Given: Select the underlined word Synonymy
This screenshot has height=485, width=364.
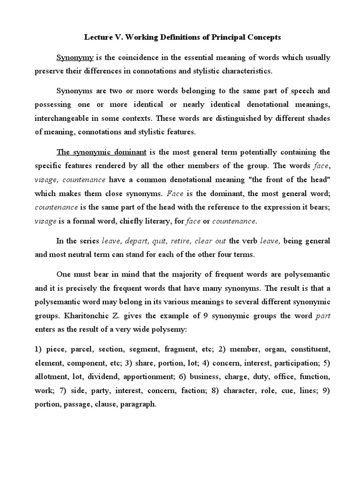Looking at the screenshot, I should (75, 58).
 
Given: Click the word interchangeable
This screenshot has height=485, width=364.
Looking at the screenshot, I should (66, 118).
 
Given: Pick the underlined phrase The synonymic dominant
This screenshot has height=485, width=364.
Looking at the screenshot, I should (101, 152).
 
